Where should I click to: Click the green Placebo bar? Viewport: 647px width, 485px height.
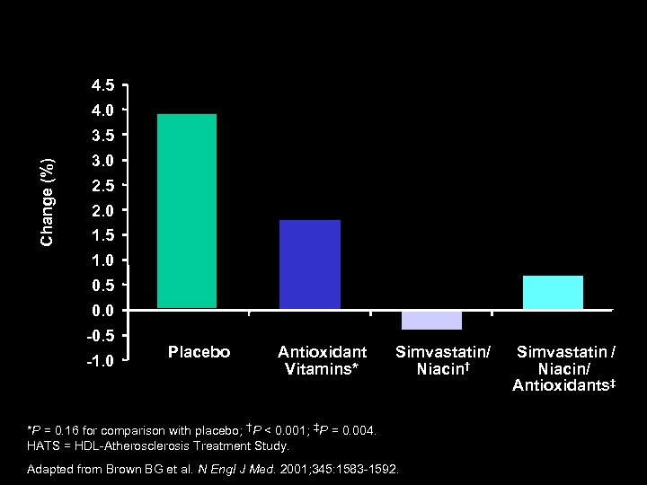click(187, 211)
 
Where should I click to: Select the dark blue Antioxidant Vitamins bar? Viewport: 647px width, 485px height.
click(310, 264)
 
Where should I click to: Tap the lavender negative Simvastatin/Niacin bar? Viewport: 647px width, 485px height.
click(431, 321)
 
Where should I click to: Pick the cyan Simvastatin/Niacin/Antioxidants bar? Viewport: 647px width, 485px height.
click(553, 293)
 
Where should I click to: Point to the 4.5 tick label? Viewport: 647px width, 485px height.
click(102, 86)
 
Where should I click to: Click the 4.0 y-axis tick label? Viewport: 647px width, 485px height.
click(102, 111)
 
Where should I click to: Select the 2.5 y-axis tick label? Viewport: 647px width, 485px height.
click(102, 186)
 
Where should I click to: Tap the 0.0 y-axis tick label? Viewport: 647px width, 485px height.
click(102, 311)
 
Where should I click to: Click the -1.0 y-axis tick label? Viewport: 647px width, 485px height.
click(100, 361)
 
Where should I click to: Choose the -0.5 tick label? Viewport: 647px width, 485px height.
click(100, 336)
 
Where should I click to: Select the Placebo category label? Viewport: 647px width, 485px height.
click(199, 352)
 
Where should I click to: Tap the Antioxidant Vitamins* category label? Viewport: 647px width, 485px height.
click(322, 360)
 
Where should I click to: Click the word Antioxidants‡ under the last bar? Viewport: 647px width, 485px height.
click(563, 386)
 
